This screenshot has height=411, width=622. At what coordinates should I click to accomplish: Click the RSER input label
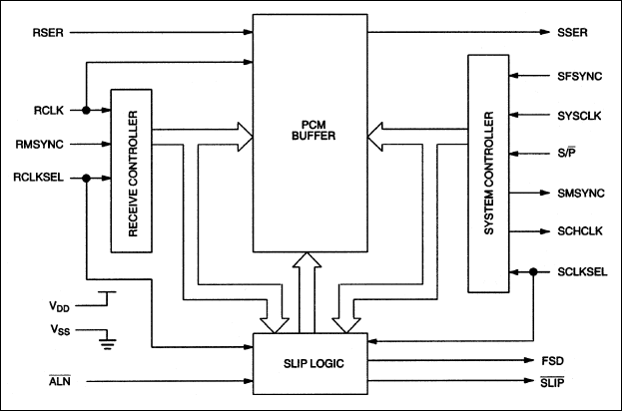tap(49, 31)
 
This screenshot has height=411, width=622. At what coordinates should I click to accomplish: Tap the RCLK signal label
tap(48, 110)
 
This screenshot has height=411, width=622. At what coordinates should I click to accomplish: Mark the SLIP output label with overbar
tap(567, 381)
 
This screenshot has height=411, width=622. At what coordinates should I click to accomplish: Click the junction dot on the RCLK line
tap(88, 110)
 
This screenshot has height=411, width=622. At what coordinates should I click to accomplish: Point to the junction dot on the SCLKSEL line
tap(535, 270)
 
